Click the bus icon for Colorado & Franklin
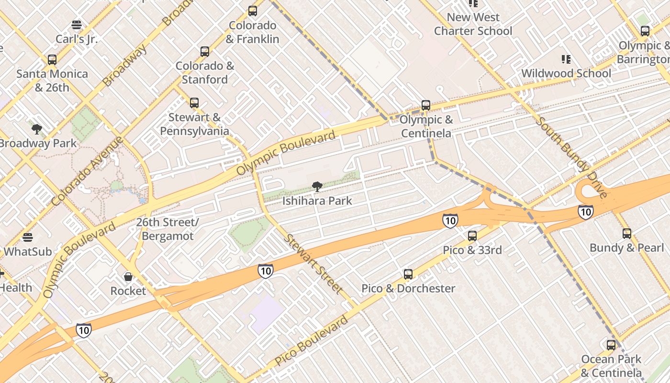(252, 11)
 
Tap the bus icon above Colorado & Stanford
(205, 51)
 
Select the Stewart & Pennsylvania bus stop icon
(194, 102)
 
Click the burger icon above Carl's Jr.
(77, 24)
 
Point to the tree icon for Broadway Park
(37, 129)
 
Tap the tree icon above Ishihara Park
(316, 187)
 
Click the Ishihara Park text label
(317, 201)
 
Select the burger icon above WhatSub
(28, 237)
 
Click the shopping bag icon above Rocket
(128, 277)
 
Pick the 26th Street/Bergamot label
(167, 229)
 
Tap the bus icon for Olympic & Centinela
(426, 105)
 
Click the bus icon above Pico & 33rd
(472, 236)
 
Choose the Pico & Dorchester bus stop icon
(408, 274)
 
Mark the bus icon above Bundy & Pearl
(627, 234)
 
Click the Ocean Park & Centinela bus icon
(611, 345)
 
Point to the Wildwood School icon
(566, 59)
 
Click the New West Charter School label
(473, 24)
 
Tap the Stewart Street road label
(313, 264)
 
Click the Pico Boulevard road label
(312, 341)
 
